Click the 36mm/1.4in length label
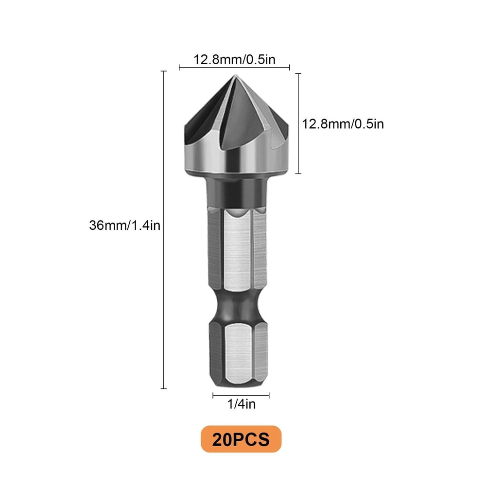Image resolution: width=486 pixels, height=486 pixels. (x=124, y=226)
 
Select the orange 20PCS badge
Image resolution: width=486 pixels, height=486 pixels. (x=240, y=439)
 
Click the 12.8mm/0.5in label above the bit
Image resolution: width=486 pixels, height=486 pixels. (x=234, y=60)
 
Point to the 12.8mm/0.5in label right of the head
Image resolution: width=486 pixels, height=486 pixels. (x=343, y=124)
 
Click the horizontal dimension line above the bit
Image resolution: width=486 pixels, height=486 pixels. (x=234, y=68)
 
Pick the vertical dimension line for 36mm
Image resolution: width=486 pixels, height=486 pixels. (x=164, y=228)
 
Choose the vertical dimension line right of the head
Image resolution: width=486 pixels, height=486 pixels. (x=298, y=124)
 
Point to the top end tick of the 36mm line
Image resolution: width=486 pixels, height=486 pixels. (x=164, y=71)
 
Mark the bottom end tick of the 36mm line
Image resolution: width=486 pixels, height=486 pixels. (x=164, y=388)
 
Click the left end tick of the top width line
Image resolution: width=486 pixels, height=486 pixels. (x=179, y=68)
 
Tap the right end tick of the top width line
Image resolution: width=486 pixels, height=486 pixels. (x=290, y=68)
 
